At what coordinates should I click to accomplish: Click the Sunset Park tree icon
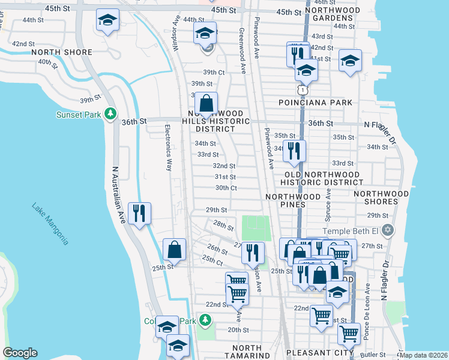click(110, 113)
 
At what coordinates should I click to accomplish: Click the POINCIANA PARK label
click(316, 103)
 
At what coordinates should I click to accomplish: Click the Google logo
click(20, 353)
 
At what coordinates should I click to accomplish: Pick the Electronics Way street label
click(169, 148)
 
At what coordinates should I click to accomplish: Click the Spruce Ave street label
click(328, 205)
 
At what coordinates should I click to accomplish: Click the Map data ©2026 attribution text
click(423, 355)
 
